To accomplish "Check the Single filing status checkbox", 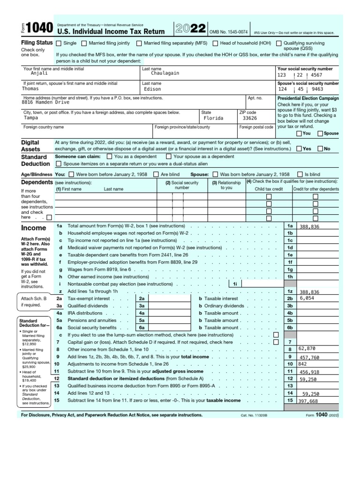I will tap(59, 44).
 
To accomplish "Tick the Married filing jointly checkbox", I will tap(84, 44).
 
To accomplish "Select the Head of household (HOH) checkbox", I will tap(215, 44).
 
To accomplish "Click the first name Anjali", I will tap(39, 74).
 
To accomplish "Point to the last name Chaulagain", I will tap(165, 74).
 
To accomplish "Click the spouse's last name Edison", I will tap(152, 89).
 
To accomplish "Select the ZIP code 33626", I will tap(248, 119).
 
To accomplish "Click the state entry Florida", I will tap(213, 119).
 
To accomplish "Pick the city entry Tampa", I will tap(31, 119).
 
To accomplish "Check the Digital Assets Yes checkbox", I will tap(299, 149).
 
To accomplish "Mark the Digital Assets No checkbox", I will tap(320, 149).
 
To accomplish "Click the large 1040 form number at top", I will tap(35, 30).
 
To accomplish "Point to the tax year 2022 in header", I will tap(190, 29).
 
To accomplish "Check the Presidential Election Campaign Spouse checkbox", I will tap(320, 134).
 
